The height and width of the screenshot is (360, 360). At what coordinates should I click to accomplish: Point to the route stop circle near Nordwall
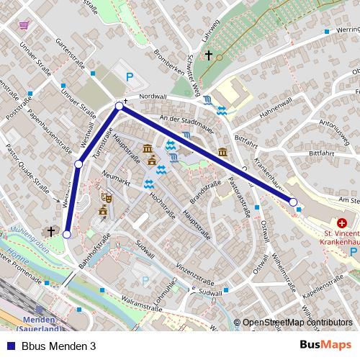(120, 107)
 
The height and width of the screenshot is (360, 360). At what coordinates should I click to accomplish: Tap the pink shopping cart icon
(24, 24)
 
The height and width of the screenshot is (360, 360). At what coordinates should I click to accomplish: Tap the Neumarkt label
(114, 176)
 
